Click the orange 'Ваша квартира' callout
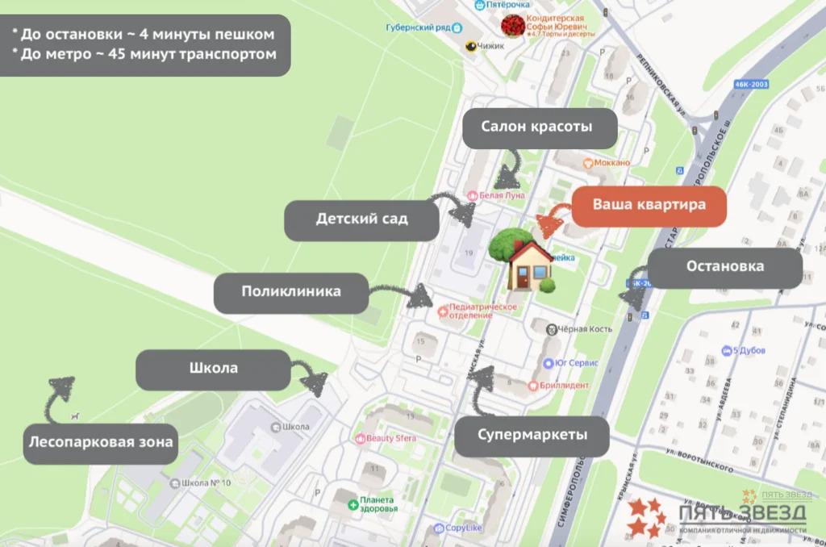coord(649,205)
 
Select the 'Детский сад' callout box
coord(362,219)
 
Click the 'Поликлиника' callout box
coord(291,291)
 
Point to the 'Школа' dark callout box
coord(214,369)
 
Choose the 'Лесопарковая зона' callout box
coord(101,442)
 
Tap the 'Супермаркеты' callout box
coord(532,436)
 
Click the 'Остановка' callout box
coord(725,266)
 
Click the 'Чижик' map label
coord(490,46)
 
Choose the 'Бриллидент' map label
coord(565,386)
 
